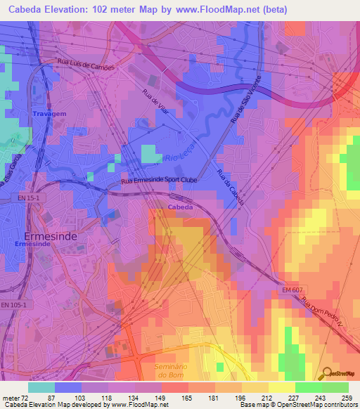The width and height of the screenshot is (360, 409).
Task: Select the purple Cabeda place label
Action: [181, 207]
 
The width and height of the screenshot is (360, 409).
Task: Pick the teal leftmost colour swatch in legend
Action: [41, 387]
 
